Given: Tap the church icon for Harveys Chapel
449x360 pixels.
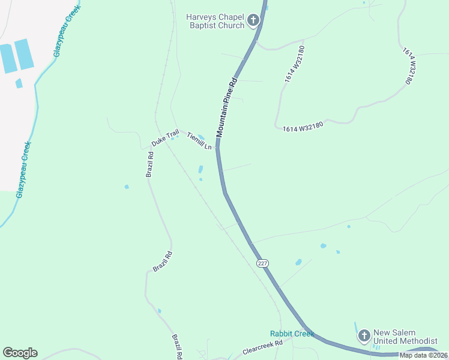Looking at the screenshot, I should (x=253, y=21).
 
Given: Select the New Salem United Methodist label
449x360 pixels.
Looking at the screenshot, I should (x=405, y=337).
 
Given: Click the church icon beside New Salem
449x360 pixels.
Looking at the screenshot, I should (x=364, y=336).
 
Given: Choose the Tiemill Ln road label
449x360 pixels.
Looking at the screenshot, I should (x=199, y=141).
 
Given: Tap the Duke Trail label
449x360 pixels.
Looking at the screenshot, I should (x=165, y=140).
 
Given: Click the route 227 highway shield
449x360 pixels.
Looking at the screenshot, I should (x=262, y=263).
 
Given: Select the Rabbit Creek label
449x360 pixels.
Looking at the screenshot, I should (x=292, y=334).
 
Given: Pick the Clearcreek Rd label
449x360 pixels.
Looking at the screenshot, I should (x=262, y=348).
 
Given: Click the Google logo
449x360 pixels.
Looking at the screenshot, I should (x=20, y=353).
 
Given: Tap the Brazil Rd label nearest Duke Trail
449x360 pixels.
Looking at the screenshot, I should (x=150, y=164).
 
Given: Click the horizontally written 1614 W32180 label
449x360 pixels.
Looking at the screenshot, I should (x=303, y=126).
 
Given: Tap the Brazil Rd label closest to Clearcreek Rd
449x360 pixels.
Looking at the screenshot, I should (x=178, y=347).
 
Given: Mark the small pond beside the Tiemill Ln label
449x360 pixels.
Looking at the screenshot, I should (x=201, y=137).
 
